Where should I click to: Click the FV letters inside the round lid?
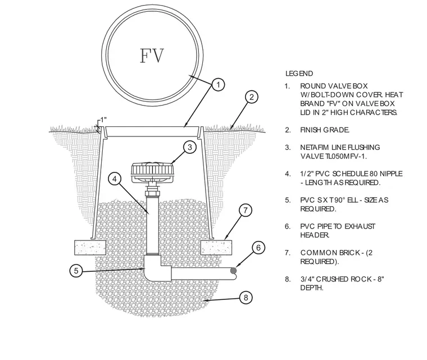(x=152, y=56)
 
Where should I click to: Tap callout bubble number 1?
(x=218, y=85)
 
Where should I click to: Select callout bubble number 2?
(x=251, y=97)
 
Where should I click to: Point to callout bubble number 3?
(x=190, y=147)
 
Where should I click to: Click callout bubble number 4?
(x=115, y=179)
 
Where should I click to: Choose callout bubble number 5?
(x=76, y=271)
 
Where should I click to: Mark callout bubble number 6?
(x=258, y=248)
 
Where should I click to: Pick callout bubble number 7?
(x=246, y=210)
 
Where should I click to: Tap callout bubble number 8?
(x=246, y=298)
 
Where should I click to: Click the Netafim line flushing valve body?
(x=153, y=173)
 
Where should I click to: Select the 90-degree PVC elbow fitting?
(x=157, y=268)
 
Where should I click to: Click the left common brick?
(x=90, y=247)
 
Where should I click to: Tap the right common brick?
(x=216, y=247)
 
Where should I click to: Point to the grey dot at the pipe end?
(x=233, y=270)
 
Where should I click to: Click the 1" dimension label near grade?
(x=103, y=120)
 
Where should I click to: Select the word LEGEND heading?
(x=299, y=74)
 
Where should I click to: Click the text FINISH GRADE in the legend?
(x=325, y=130)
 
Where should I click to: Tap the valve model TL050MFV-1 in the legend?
(x=343, y=156)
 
